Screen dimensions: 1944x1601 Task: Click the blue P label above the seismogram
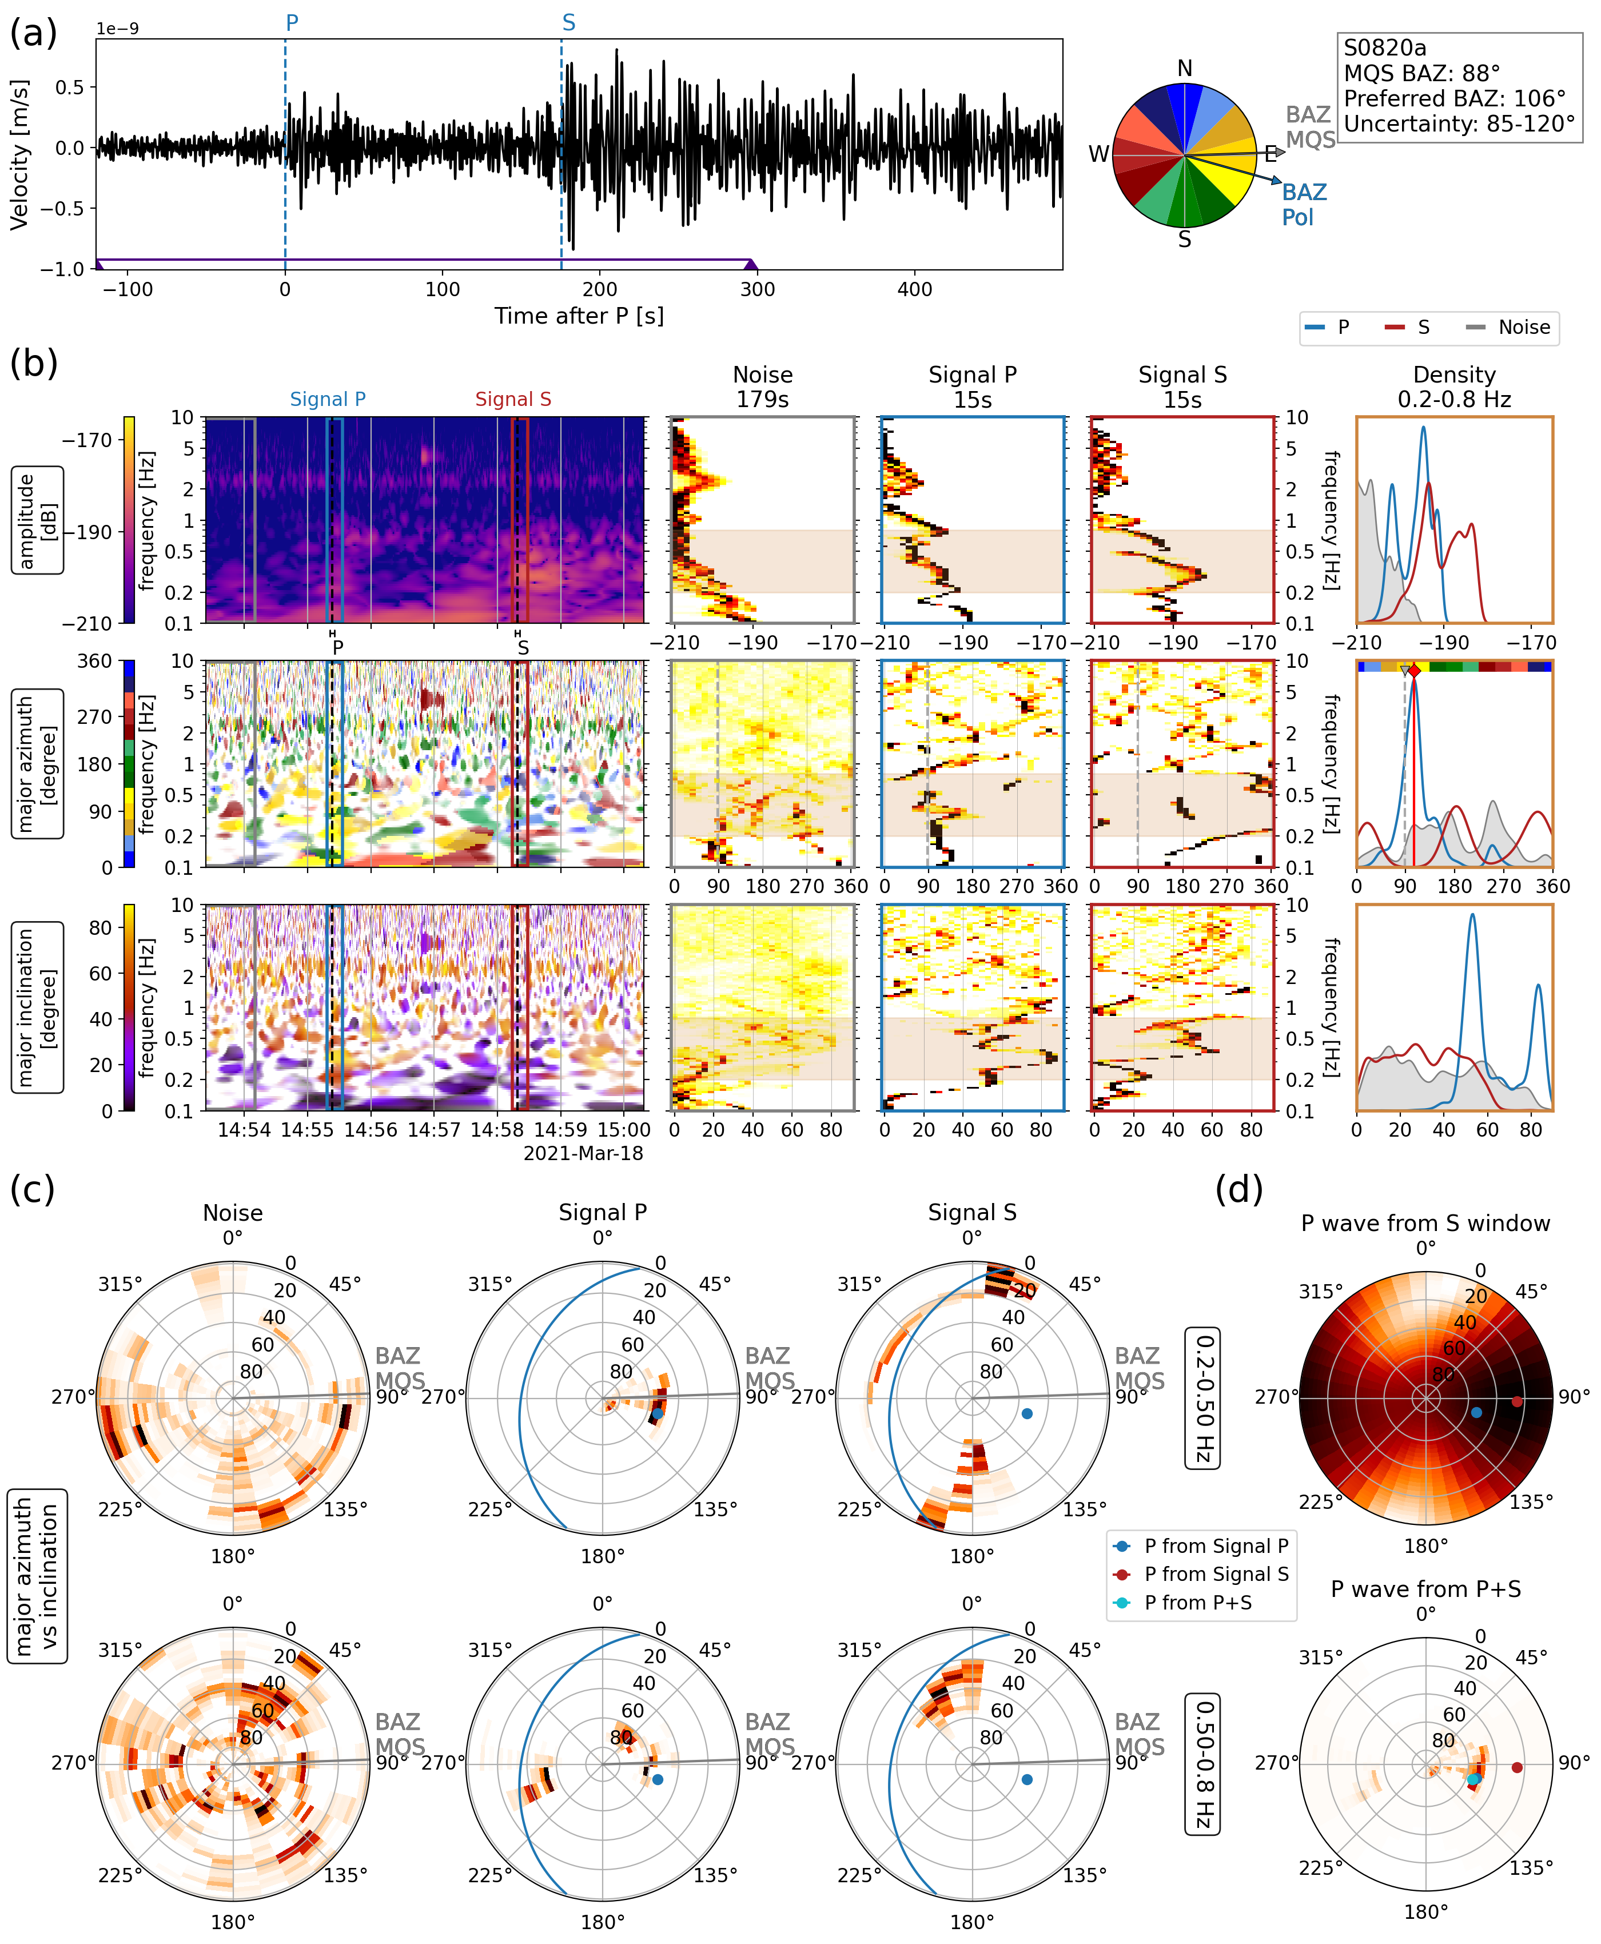click(x=292, y=22)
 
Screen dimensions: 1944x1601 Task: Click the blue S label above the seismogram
click(x=568, y=22)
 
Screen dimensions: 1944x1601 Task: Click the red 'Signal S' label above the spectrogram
click(x=513, y=399)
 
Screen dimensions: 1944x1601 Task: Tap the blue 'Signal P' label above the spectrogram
click(x=328, y=399)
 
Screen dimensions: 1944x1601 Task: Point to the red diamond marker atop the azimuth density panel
click(x=1414, y=671)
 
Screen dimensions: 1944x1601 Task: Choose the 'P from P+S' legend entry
click(x=1197, y=1603)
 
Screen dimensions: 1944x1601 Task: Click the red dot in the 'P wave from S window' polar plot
click(x=1517, y=1402)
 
